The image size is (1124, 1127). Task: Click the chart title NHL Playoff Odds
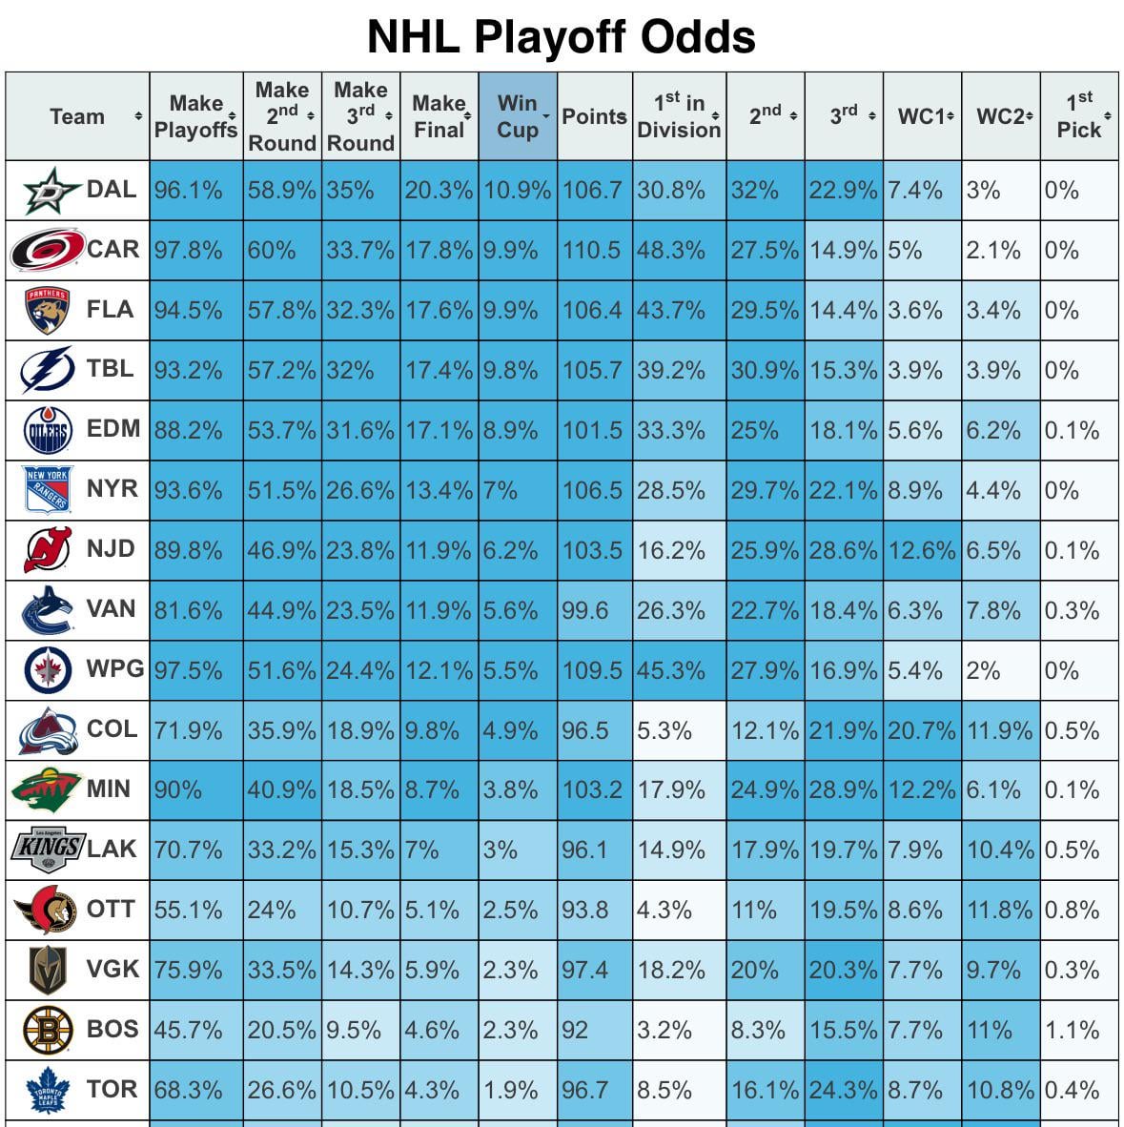click(562, 37)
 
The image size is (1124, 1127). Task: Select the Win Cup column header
click(517, 116)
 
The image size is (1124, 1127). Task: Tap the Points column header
click(594, 116)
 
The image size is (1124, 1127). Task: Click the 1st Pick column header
click(1078, 116)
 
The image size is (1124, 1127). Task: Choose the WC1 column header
click(921, 116)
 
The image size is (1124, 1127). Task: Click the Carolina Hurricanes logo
click(47, 250)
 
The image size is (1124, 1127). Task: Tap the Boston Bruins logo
click(47, 1031)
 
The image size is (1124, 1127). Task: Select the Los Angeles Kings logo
click(47, 850)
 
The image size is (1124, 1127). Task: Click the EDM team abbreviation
click(113, 429)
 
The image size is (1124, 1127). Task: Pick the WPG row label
click(114, 668)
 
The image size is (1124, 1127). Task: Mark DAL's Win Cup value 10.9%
click(517, 191)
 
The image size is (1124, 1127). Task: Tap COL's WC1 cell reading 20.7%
click(921, 731)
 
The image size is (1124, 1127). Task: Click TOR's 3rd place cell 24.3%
click(843, 1090)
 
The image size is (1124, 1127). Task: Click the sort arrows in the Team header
click(138, 116)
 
